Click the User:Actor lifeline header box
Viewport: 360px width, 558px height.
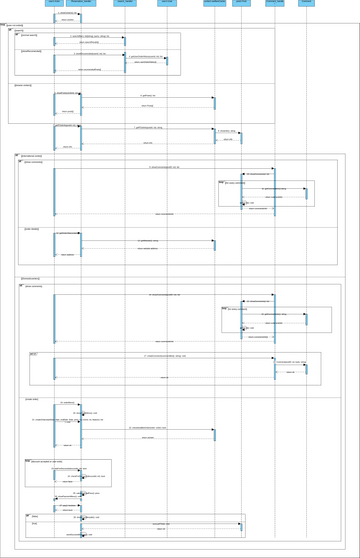coord(54,3)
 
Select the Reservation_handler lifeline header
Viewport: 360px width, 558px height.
coord(82,3)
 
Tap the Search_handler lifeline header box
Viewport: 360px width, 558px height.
coord(125,3)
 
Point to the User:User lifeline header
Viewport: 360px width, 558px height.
coord(167,3)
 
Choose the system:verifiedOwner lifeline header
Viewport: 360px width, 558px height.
coord(214,3)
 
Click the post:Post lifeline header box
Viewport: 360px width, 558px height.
coord(242,3)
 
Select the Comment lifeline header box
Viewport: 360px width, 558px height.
coord(306,3)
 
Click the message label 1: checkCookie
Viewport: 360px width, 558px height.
coord(68,12)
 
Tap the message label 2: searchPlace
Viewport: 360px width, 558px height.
coord(89,35)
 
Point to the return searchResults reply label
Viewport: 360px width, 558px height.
coord(89,43)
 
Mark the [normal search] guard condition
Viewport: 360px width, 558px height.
coord(29,36)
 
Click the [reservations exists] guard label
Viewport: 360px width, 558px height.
coord(32,156)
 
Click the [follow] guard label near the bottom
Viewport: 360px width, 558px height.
coord(34,516)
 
